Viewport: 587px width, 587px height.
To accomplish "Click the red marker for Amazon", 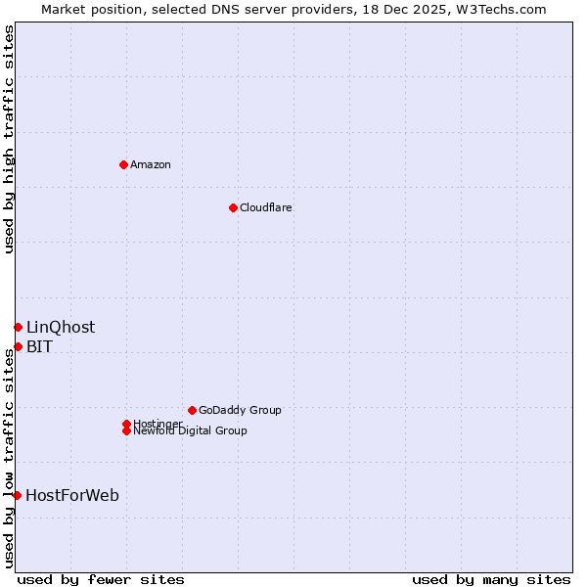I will pyautogui.click(x=123, y=164).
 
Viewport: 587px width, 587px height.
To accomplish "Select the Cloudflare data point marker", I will pyautogui.click(x=233, y=207).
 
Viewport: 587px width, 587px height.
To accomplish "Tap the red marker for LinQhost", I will pyautogui.click(x=18, y=327).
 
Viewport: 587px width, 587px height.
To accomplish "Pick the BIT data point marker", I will pyautogui.click(x=18, y=346).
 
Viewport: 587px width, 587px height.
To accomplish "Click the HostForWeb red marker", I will pyautogui.click(x=17, y=495).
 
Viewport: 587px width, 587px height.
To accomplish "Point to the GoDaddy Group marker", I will pyautogui.click(x=192, y=410).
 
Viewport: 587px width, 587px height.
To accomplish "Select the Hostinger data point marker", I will pyautogui.click(x=126, y=424).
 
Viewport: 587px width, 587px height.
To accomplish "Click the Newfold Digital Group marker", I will pyautogui.click(x=126, y=430).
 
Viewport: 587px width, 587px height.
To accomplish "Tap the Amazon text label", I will pyautogui.click(x=151, y=164).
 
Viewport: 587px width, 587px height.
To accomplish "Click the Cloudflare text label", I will pyautogui.click(x=266, y=207).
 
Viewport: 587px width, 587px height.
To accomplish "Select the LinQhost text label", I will pyautogui.click(x=61, y=327).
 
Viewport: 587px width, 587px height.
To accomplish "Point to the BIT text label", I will pyautogui.click(x=39, y=346).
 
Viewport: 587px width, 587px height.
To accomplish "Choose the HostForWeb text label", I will pyautogui.click(x=72, y=495).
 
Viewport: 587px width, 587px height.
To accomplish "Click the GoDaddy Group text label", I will pyautogui.click(x=240, y=410).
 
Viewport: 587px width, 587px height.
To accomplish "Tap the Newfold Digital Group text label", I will pyautogui.click(x=191, y=431).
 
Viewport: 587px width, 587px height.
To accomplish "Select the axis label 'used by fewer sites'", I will pyautogui.click(x=101, y=579).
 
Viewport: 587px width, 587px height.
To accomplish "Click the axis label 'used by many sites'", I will pyautogui.click(x=491, y=579).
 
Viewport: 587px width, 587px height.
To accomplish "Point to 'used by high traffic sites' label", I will pyautogui.click(x=9, y=139).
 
